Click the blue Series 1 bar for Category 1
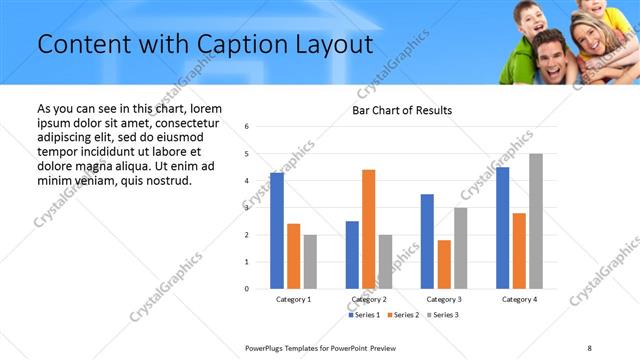pos(277,231)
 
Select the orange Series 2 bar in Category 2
pos(368,229)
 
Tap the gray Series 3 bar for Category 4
pos(536,221)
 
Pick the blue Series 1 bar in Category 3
pos(427,241)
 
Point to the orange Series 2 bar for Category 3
pos(444,264)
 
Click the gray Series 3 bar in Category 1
pos(310,262)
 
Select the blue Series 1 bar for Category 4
pos(502,228)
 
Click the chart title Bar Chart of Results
pos(402,110)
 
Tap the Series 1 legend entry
pos(364,315)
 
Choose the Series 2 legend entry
pos(403,315)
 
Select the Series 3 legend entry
pos(442,315)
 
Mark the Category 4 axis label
pos(519,300)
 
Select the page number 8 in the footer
pos(589,347)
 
